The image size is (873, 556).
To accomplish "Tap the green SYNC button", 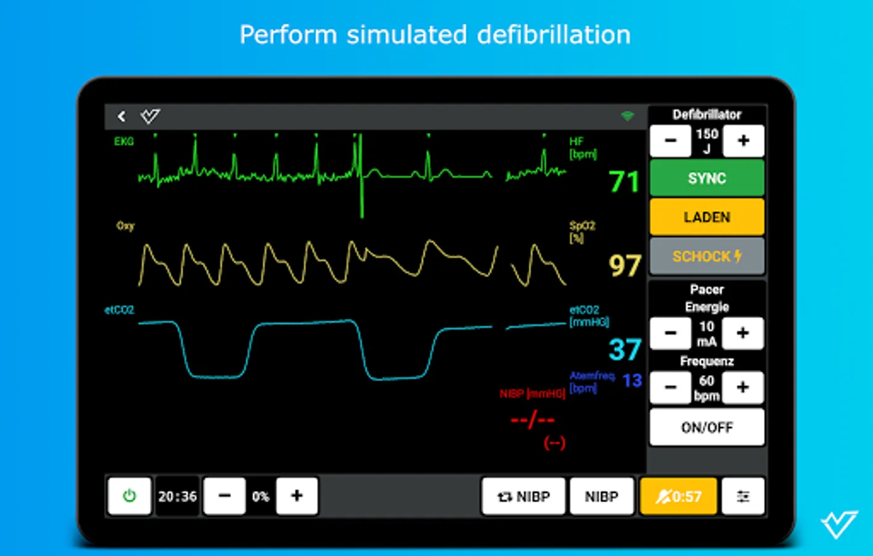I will [707, 179].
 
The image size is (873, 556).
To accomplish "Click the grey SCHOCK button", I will [707, 256].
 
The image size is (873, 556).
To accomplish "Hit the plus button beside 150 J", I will [743, 141].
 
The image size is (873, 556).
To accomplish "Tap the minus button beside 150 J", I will [670, 141].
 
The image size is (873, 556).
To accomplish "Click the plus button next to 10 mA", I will [743, 334].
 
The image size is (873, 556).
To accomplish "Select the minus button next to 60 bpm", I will [670, 388].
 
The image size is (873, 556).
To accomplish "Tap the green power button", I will [129, 496].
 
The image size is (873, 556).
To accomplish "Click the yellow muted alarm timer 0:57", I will [678, 496].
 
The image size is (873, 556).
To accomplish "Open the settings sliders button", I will [743, 496].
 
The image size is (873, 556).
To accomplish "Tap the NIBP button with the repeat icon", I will [523, 496].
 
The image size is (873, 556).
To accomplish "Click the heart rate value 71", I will [623, 182].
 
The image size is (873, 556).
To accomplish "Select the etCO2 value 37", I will [625, 350].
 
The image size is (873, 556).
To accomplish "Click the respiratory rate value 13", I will [632, 381].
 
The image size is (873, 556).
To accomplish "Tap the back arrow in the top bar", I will [122, 116].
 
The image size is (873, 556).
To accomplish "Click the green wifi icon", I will [627, 116].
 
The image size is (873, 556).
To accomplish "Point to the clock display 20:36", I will [177, 496].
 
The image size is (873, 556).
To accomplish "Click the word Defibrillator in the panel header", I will [707, 114].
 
